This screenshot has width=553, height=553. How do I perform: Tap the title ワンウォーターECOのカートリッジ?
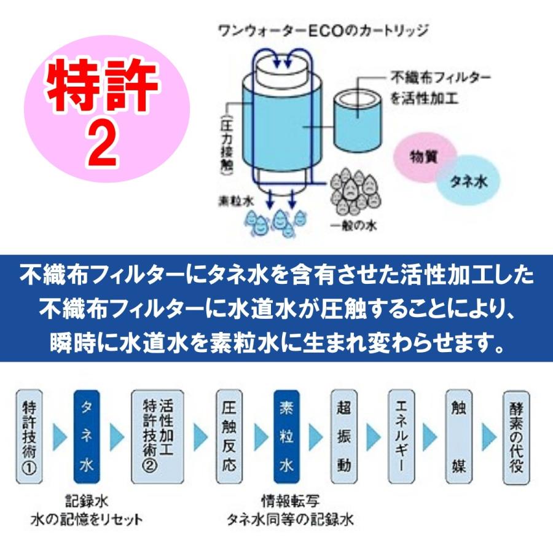323,29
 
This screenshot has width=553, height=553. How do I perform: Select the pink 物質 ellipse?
423,156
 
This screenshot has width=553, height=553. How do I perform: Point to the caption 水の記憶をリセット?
87,520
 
